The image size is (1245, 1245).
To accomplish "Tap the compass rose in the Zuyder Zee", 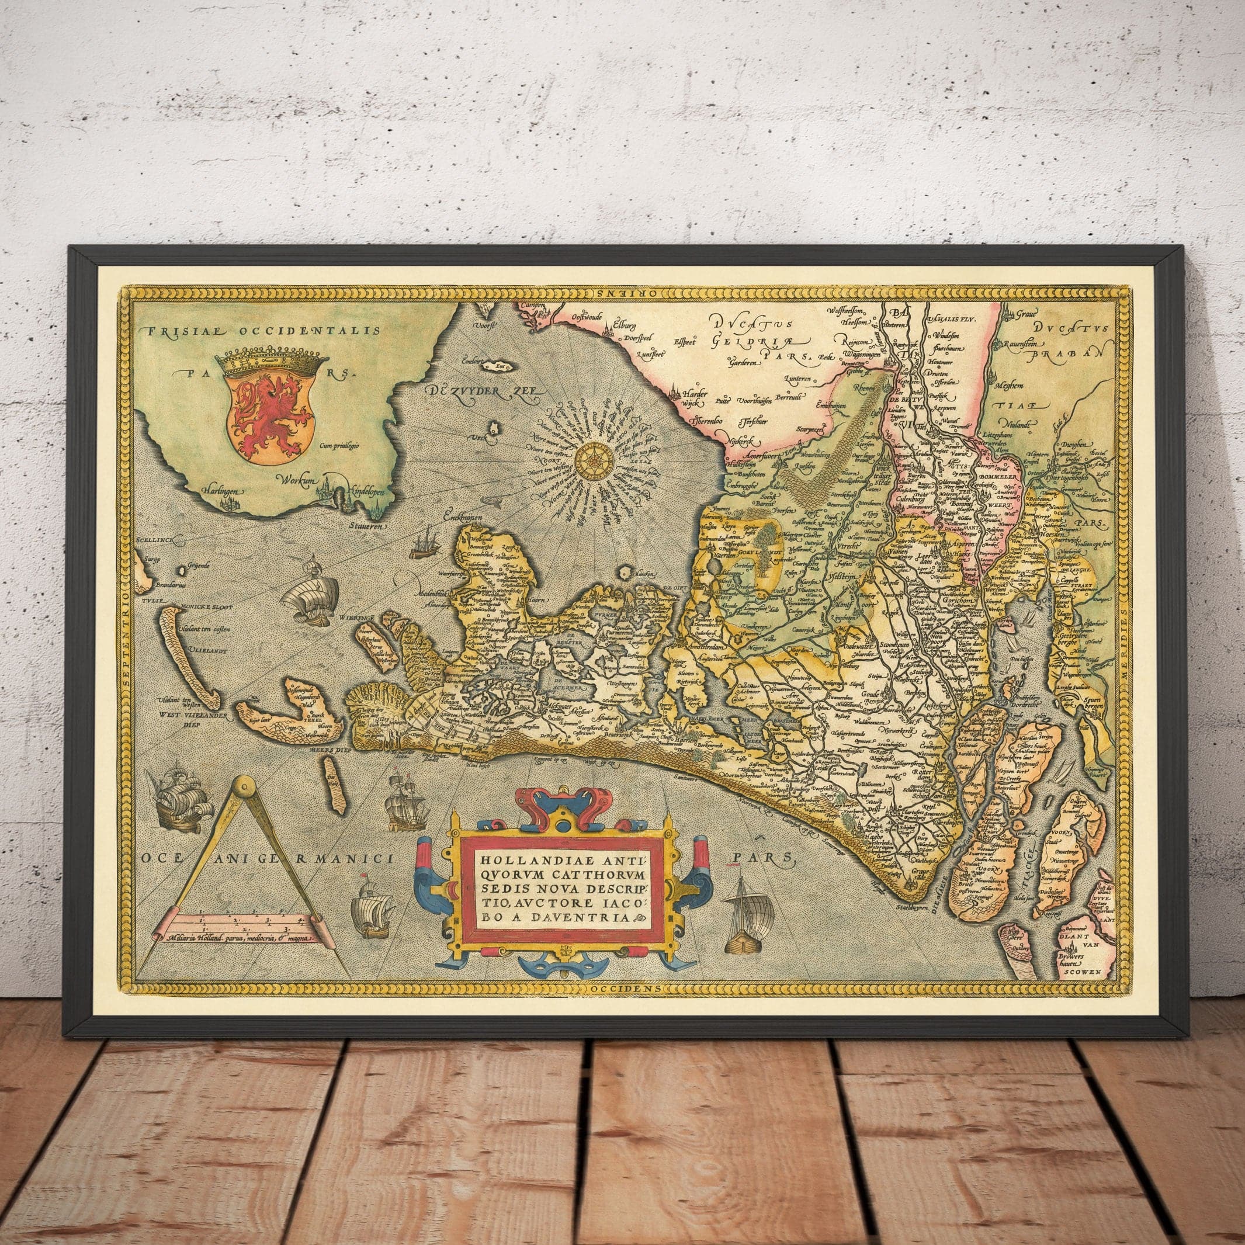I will click(x=591, y=461).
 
